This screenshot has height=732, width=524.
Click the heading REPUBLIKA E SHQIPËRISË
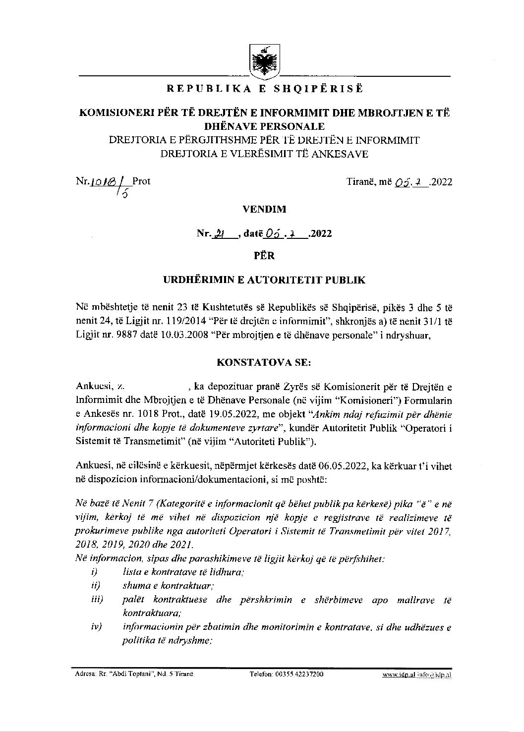264,89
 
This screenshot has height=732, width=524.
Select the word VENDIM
264,209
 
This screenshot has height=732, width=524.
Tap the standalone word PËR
264,256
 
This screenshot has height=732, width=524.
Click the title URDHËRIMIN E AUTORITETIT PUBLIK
264,280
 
